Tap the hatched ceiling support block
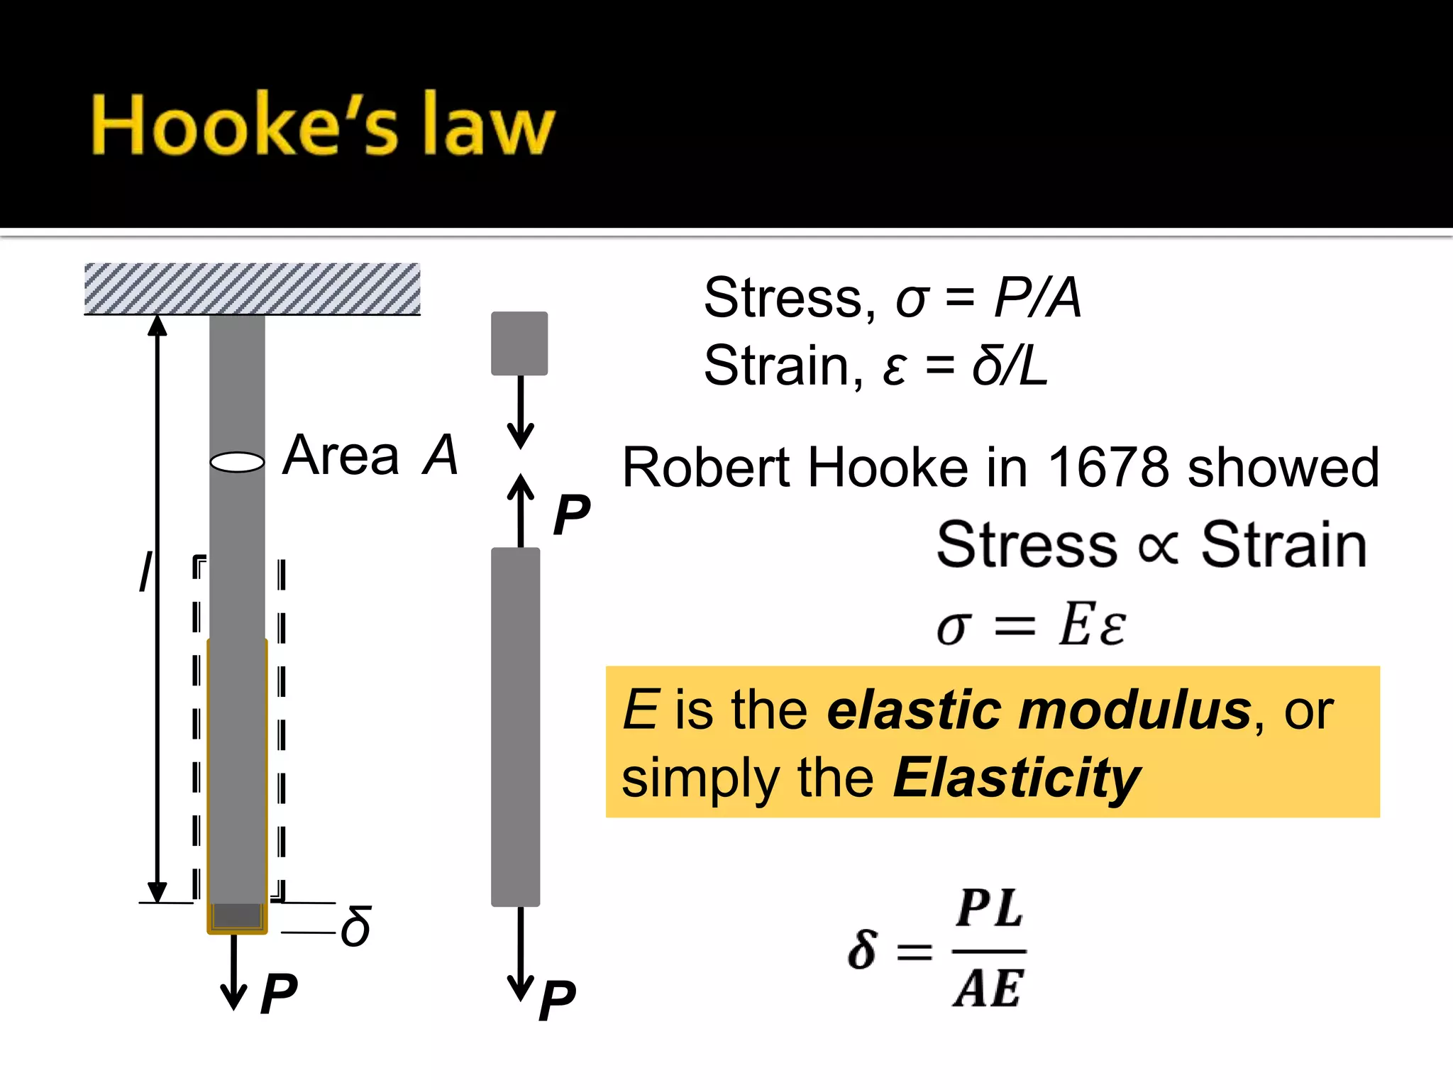252,288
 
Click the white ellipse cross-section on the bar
238,462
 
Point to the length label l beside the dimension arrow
145,571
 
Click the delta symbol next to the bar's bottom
355,927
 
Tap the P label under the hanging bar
278,993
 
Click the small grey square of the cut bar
519,343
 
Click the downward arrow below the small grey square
521,412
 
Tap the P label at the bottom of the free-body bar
557,1001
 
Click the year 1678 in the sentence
1108,468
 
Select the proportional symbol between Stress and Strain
1158,547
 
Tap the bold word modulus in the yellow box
1134,710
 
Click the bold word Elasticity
1016,778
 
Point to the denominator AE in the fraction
988,988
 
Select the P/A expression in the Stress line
1037,297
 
